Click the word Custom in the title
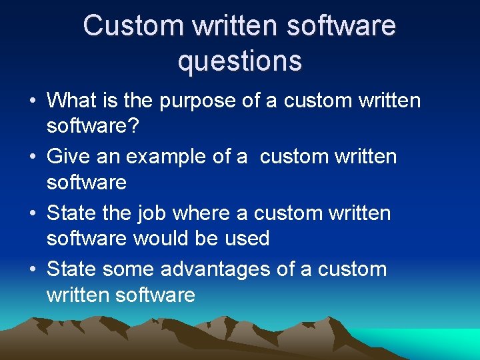click(133, 26)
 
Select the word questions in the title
click(240, 61)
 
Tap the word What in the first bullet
click(72, 101)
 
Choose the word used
click(247, 238)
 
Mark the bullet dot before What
click(32, 102)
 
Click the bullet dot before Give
click(32, 158)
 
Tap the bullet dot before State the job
click(32, 214)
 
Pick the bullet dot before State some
click(32, 270)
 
